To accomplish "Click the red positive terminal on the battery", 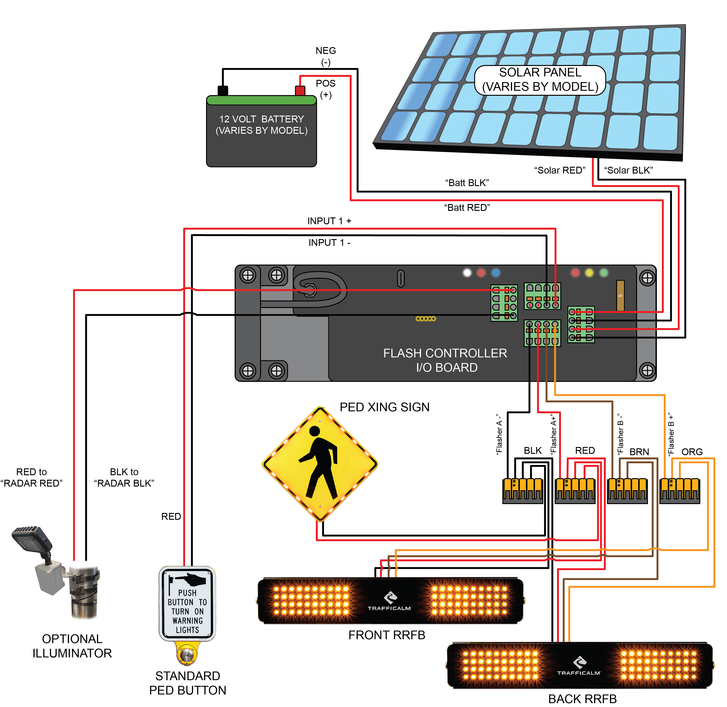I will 300,90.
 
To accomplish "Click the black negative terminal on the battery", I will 223,90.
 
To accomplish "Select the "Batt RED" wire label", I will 467,207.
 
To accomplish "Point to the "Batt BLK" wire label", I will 467,183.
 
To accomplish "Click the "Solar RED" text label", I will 559,170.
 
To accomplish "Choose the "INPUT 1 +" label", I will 329,221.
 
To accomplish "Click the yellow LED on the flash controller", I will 589,273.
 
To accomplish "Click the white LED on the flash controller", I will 467,273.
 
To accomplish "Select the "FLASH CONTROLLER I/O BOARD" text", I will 445,360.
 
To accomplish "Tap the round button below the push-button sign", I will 186,655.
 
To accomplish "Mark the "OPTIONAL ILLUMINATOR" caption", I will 72,646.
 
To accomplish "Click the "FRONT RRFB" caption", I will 387,635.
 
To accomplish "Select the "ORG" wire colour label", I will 692,452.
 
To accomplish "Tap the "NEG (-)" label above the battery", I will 326,56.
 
